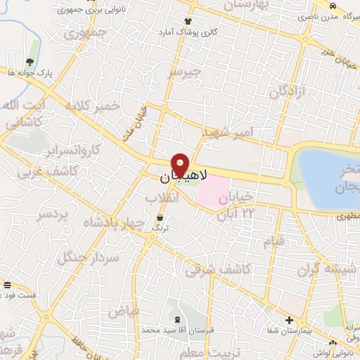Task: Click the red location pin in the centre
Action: pyautogui.click(x=180, y=164)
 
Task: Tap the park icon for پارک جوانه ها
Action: pyautogui.click(x=28, y=63)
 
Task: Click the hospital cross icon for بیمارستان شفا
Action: pyautogui.click(x=289, y=320)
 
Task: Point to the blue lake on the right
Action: pyautogui.click(x=328, y=173)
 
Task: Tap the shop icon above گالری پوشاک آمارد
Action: pyautogui.click(x=187, y=22)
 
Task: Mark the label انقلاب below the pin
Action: pyautogui.click(x=164, y=199)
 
